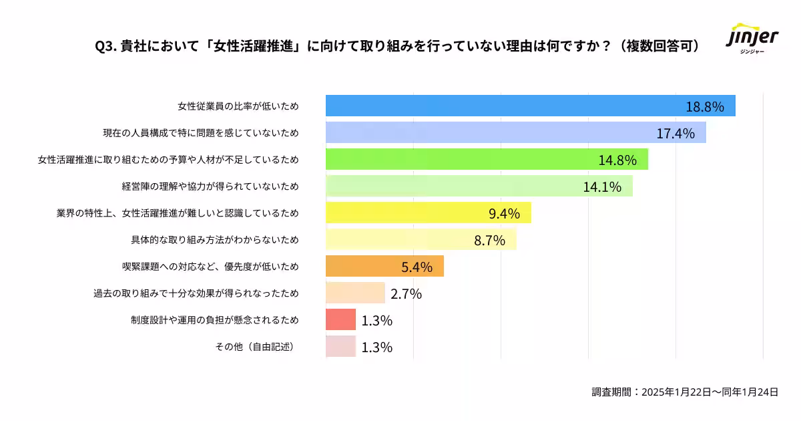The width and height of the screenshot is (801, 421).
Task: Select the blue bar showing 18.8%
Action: coord(530,106)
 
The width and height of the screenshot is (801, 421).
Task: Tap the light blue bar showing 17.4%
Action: coord(515,133)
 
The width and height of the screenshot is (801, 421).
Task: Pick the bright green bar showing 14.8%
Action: coord(487,159)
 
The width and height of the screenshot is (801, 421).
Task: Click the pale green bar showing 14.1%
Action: coord(479,186)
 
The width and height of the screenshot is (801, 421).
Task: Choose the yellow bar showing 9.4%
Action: coord(428,213)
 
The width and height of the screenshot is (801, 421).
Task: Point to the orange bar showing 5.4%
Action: coord(384,266)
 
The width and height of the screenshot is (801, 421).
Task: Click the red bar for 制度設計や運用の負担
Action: coord(340,319)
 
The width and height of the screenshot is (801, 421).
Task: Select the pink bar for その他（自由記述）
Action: coord(340,346)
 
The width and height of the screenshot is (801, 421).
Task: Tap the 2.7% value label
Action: coord(406,293)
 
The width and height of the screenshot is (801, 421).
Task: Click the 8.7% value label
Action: coord(489,240)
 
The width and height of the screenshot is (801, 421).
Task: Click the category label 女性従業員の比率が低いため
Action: coord(238,106)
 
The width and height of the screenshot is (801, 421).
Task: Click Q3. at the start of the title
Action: coord(106,46)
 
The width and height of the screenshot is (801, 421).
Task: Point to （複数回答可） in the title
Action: coord(657,46)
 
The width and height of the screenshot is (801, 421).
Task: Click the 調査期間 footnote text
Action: coord(685,392)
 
